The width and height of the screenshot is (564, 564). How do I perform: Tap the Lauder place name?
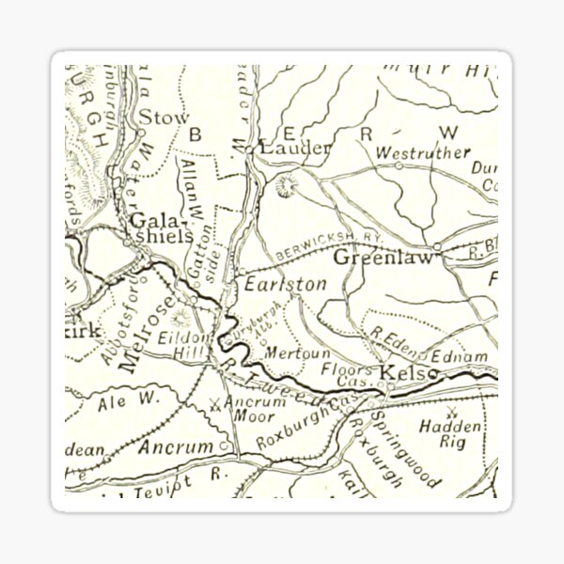(295, 149)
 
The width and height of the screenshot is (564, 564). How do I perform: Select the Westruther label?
(410, 151)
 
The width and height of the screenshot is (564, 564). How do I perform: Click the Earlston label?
(273, 283)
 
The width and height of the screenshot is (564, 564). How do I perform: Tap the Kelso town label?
(409, 374)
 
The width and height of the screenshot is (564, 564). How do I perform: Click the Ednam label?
(461, 355)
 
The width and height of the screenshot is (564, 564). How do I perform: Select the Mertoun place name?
(287, 352)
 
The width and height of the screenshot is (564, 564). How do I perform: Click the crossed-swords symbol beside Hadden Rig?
(455, 412)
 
